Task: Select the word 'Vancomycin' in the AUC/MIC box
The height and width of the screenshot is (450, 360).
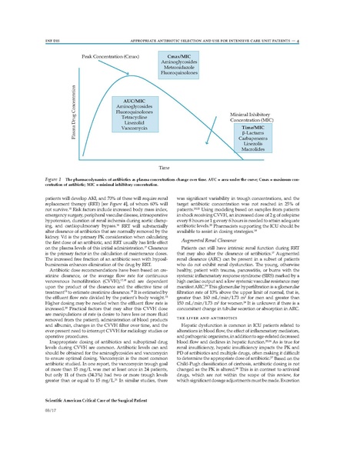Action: (135, 132)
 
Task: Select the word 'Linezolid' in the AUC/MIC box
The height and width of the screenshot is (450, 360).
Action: (135, 126)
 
